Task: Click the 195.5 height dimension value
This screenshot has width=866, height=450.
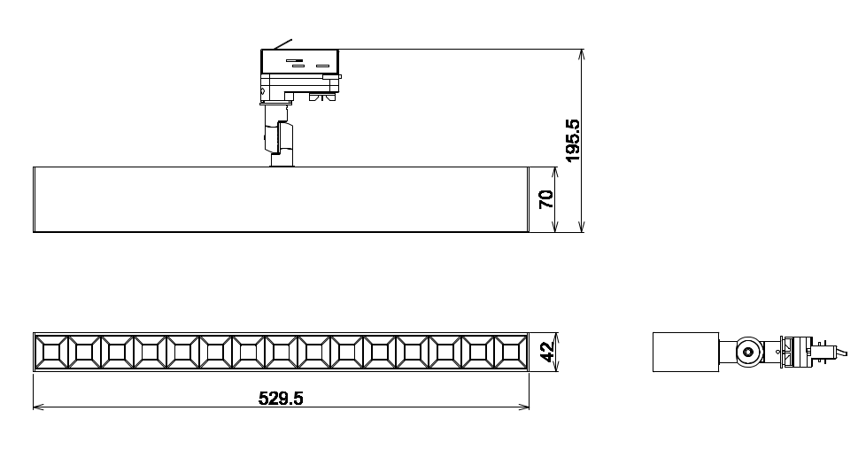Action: (x=572, y=141)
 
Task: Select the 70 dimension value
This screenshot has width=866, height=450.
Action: (x=546, y=199)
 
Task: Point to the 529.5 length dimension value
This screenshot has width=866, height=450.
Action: (x=281, y=399)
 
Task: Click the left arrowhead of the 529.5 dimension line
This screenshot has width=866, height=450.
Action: (x=37, y=407)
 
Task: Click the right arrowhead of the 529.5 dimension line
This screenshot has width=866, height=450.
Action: (x=525, y=407)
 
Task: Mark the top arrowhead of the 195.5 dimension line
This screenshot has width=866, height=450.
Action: (x=582, y=54)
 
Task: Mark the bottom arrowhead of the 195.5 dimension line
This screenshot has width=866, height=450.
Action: (x=582, y=228)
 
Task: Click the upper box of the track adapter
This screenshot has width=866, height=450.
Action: (x=299, y=62)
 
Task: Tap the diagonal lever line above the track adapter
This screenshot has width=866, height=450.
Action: (x=282, y=43)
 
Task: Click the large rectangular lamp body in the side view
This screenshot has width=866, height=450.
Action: (x=280, y=199)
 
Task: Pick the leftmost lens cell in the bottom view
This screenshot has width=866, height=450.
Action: (x=50, y=353)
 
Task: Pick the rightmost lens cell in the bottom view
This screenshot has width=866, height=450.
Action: (x=511, y=353)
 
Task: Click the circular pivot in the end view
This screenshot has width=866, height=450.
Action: (x=749, y=352)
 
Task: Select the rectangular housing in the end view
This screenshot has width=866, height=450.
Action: (x=685, y=352)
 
